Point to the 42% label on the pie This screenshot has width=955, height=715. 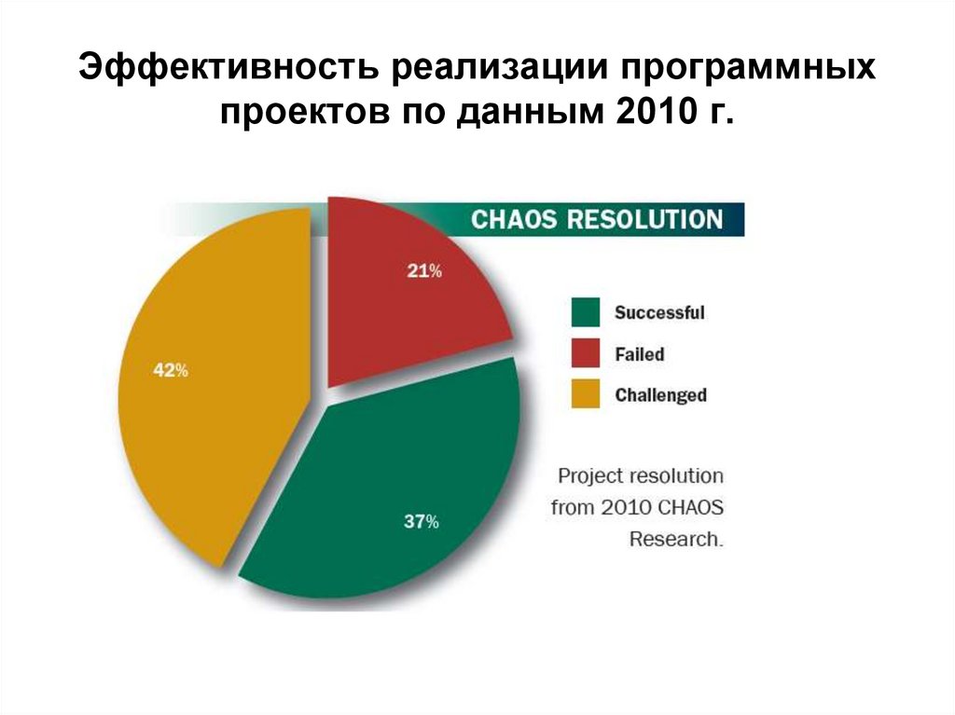(171, 370)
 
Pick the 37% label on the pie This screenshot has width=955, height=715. (421, 522)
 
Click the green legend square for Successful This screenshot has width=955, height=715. (586, 312)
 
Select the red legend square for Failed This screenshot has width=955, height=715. (586, 354)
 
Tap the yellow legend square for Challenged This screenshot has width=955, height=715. (586, 395)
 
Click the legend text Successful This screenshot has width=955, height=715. (658, 313)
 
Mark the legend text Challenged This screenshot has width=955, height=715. (660, 395)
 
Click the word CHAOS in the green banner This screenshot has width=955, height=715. (515, 220)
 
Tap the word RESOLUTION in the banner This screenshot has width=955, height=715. (645, 220)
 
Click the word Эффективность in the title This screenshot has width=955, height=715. (227, 71)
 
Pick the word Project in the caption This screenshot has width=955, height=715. (589, 475)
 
